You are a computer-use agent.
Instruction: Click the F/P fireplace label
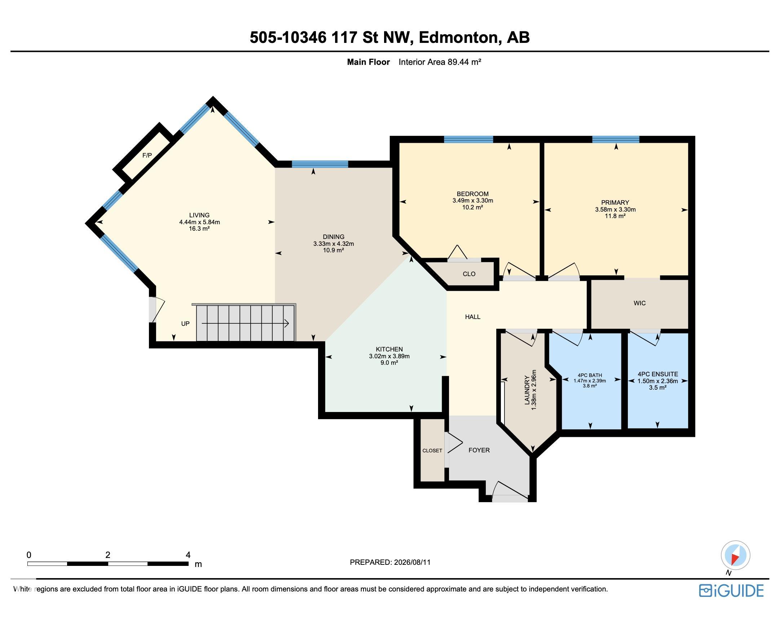click(147, 155)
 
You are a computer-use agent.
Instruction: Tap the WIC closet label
click(640, 303)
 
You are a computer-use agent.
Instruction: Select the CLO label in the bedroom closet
click(469, 274)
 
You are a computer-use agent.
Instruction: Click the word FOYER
click(479, 450)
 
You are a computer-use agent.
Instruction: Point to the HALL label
click(473, 317)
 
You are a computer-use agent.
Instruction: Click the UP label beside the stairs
click(185, 323)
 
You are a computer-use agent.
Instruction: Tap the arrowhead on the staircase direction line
click(287, 323)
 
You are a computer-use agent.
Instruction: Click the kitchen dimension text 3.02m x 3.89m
click(389, 356)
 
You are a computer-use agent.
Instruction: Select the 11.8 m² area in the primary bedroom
click(615, 216)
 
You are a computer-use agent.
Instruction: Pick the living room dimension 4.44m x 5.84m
click(199, 222)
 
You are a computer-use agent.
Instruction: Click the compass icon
click(735, 555)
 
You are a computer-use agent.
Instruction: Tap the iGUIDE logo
click(731, 590)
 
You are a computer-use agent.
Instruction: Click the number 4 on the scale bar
click(188, 555)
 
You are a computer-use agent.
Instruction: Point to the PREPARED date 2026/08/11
click(412, 562)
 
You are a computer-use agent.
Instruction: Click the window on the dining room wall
click(320, 164)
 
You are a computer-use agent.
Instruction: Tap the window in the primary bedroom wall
click(616, 139)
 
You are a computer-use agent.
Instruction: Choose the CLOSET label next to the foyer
click(432, 451)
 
